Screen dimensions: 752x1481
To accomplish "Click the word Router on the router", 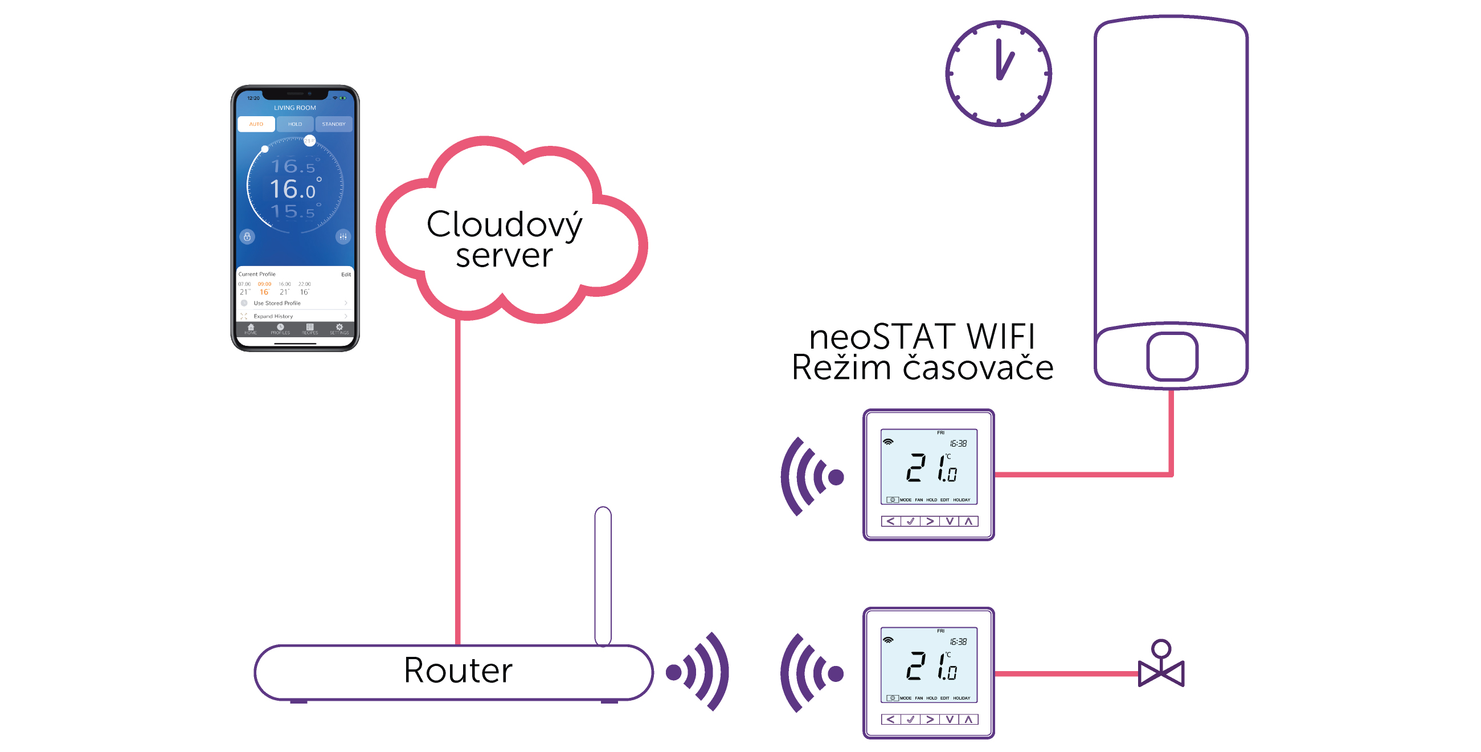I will click(457, 671).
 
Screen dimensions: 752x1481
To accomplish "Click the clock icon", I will click(998, 73).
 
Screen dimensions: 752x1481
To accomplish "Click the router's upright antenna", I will click(603, 575).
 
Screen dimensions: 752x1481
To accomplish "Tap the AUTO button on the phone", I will click(256, 124).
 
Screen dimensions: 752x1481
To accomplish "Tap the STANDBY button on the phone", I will click(333, 124).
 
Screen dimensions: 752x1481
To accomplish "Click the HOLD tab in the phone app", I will click(295, 124).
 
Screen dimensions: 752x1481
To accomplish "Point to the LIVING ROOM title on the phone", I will click(295, 108).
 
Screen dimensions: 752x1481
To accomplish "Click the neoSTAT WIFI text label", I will click(922, 336).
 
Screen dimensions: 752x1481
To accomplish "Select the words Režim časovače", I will click(922, 368).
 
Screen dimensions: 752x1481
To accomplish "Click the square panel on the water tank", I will click(1172, 357).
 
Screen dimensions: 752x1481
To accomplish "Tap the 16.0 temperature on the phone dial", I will click(293, 189).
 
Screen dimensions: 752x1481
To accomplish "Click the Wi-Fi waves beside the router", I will click(698, 672).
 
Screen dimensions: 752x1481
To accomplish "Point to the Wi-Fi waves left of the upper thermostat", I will click(811, 476).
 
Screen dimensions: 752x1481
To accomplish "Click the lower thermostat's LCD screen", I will click(928, 665).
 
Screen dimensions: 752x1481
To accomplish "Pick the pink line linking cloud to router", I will click(457, 483).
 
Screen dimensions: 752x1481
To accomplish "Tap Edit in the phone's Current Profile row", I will click(346, 275).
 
